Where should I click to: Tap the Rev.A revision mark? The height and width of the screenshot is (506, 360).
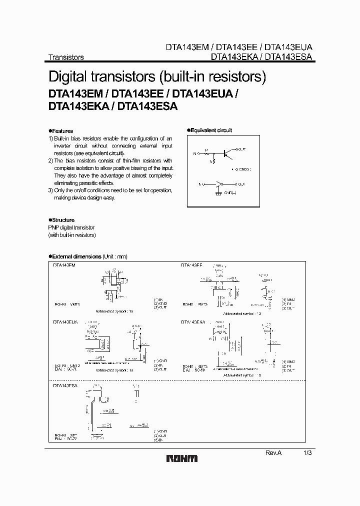point(273,452)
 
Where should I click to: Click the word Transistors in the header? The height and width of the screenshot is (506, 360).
point(66,57)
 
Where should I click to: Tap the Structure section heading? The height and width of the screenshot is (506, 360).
point(62,220)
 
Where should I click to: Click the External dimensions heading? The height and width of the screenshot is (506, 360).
point(76,256)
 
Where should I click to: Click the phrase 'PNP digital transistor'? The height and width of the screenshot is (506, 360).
point(71,227)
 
